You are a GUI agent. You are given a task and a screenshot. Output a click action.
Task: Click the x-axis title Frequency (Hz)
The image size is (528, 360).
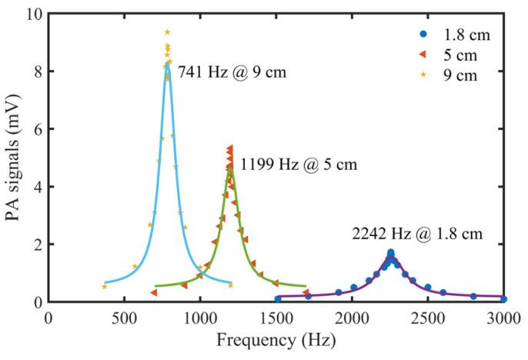276,339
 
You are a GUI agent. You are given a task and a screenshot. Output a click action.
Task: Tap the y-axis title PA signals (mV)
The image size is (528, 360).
13,158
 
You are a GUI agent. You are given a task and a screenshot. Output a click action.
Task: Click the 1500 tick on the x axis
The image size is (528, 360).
276,315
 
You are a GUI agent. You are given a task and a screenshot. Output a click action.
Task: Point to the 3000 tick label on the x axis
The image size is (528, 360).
504,315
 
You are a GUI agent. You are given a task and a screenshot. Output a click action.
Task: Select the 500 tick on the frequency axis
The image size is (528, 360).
125,315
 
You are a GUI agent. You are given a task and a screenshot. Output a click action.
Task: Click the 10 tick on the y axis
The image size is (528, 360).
34,14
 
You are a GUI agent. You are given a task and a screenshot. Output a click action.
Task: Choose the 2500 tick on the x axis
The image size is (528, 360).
428,315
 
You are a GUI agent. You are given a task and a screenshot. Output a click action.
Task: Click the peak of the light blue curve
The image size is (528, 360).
167,65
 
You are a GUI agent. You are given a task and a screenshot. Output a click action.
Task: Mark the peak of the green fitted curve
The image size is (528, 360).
229,167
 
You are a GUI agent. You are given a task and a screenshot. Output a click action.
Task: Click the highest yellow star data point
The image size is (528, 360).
167,32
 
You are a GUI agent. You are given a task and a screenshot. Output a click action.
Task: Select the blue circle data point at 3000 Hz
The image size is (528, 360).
503,298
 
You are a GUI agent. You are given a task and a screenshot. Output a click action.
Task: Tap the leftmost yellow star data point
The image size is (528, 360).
104,286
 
